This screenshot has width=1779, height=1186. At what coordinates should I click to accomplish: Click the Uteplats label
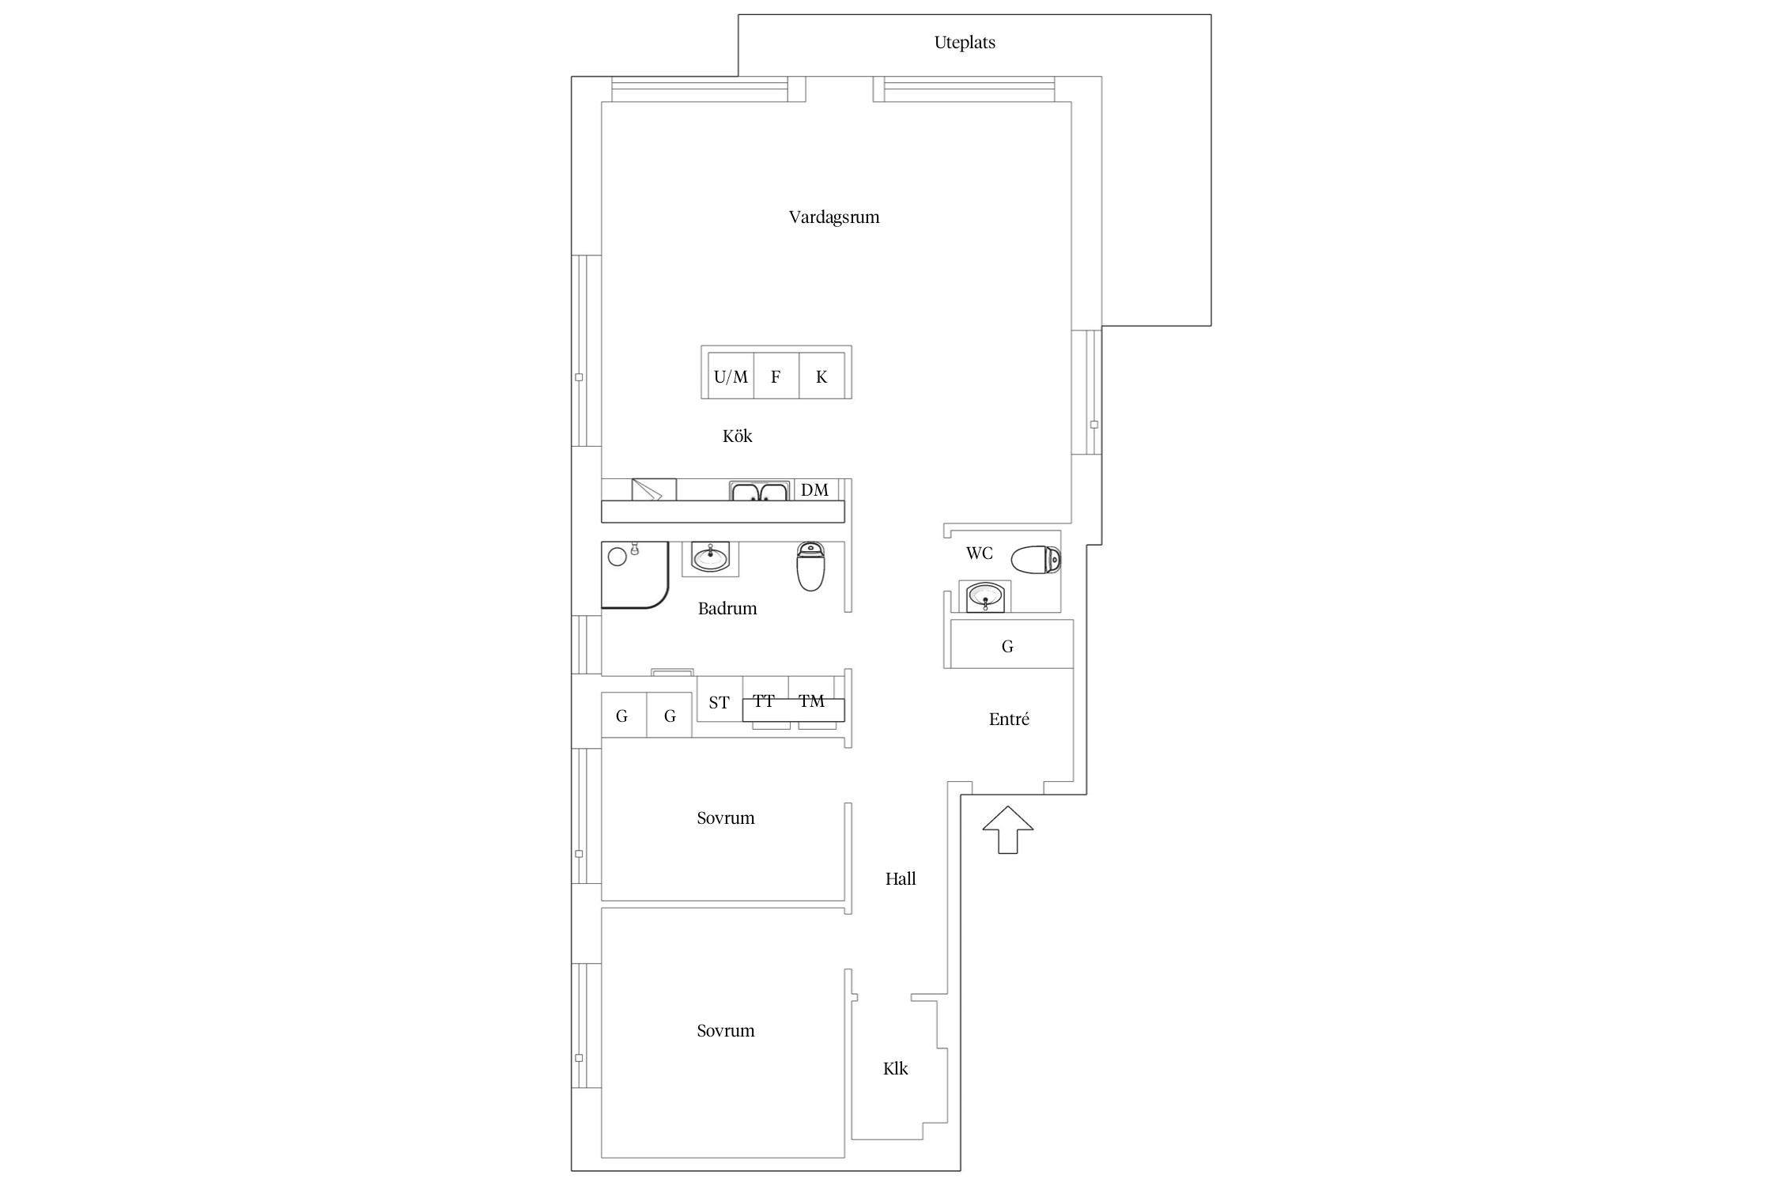pos(965,43)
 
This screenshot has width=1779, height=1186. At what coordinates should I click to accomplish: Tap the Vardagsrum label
pos(834,217)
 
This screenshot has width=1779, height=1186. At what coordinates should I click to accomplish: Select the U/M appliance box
pos(731,376)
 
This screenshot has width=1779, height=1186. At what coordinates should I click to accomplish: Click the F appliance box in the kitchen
pos(776,376)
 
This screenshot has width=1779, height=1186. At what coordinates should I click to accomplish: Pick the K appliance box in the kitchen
pos(822,376)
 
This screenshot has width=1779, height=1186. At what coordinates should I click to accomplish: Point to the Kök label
pos(738,436)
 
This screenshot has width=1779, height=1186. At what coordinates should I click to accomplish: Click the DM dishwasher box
pos(815,489)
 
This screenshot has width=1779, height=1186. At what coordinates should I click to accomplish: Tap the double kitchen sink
pos(759,491)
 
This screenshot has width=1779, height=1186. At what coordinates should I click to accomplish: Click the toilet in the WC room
pos(1036,559)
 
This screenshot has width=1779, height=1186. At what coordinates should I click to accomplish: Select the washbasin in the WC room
pos(984,596)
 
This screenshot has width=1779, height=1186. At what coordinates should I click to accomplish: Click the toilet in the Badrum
pos(811,566)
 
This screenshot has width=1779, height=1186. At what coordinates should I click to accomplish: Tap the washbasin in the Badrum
pos(710,558)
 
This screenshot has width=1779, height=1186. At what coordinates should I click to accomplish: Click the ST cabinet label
pos(719,702)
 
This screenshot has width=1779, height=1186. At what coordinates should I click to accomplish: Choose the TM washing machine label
pos(811,701)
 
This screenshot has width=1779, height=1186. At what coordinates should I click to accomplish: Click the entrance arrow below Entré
pos(1008,829)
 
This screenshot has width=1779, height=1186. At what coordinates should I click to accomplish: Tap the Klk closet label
pos(896,1069)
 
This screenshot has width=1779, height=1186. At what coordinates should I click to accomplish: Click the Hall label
pos(901,878)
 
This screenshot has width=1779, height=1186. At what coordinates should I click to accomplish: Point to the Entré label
pos(1009,719)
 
